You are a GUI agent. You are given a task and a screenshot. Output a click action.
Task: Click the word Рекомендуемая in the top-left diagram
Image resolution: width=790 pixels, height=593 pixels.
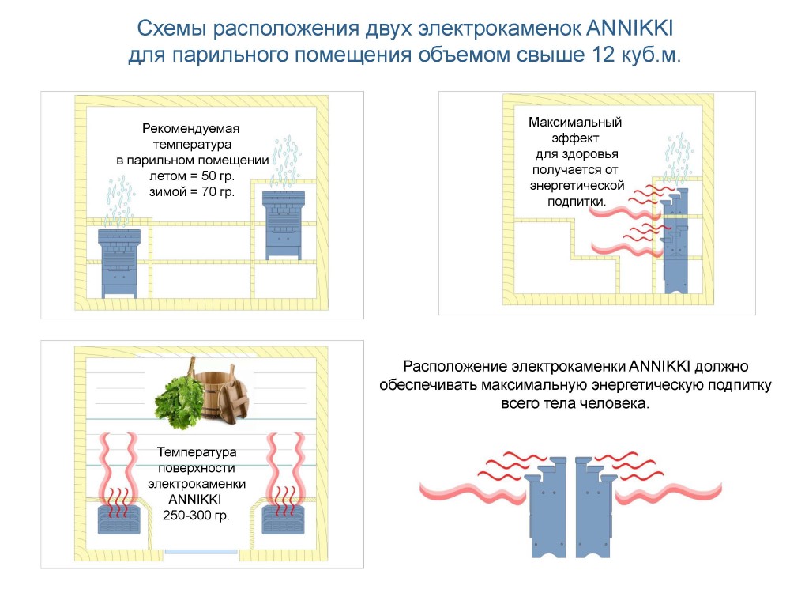190,128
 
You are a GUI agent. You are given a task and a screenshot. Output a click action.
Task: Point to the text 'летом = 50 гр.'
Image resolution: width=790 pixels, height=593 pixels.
192,176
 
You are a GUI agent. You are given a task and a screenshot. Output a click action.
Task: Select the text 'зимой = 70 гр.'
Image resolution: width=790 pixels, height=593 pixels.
192,191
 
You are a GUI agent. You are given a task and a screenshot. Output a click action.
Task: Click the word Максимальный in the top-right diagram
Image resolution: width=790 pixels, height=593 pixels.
575,123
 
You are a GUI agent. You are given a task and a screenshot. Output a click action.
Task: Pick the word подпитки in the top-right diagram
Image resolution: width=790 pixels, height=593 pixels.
577,201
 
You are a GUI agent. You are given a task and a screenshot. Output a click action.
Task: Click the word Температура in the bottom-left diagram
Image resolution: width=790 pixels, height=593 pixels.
197,452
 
